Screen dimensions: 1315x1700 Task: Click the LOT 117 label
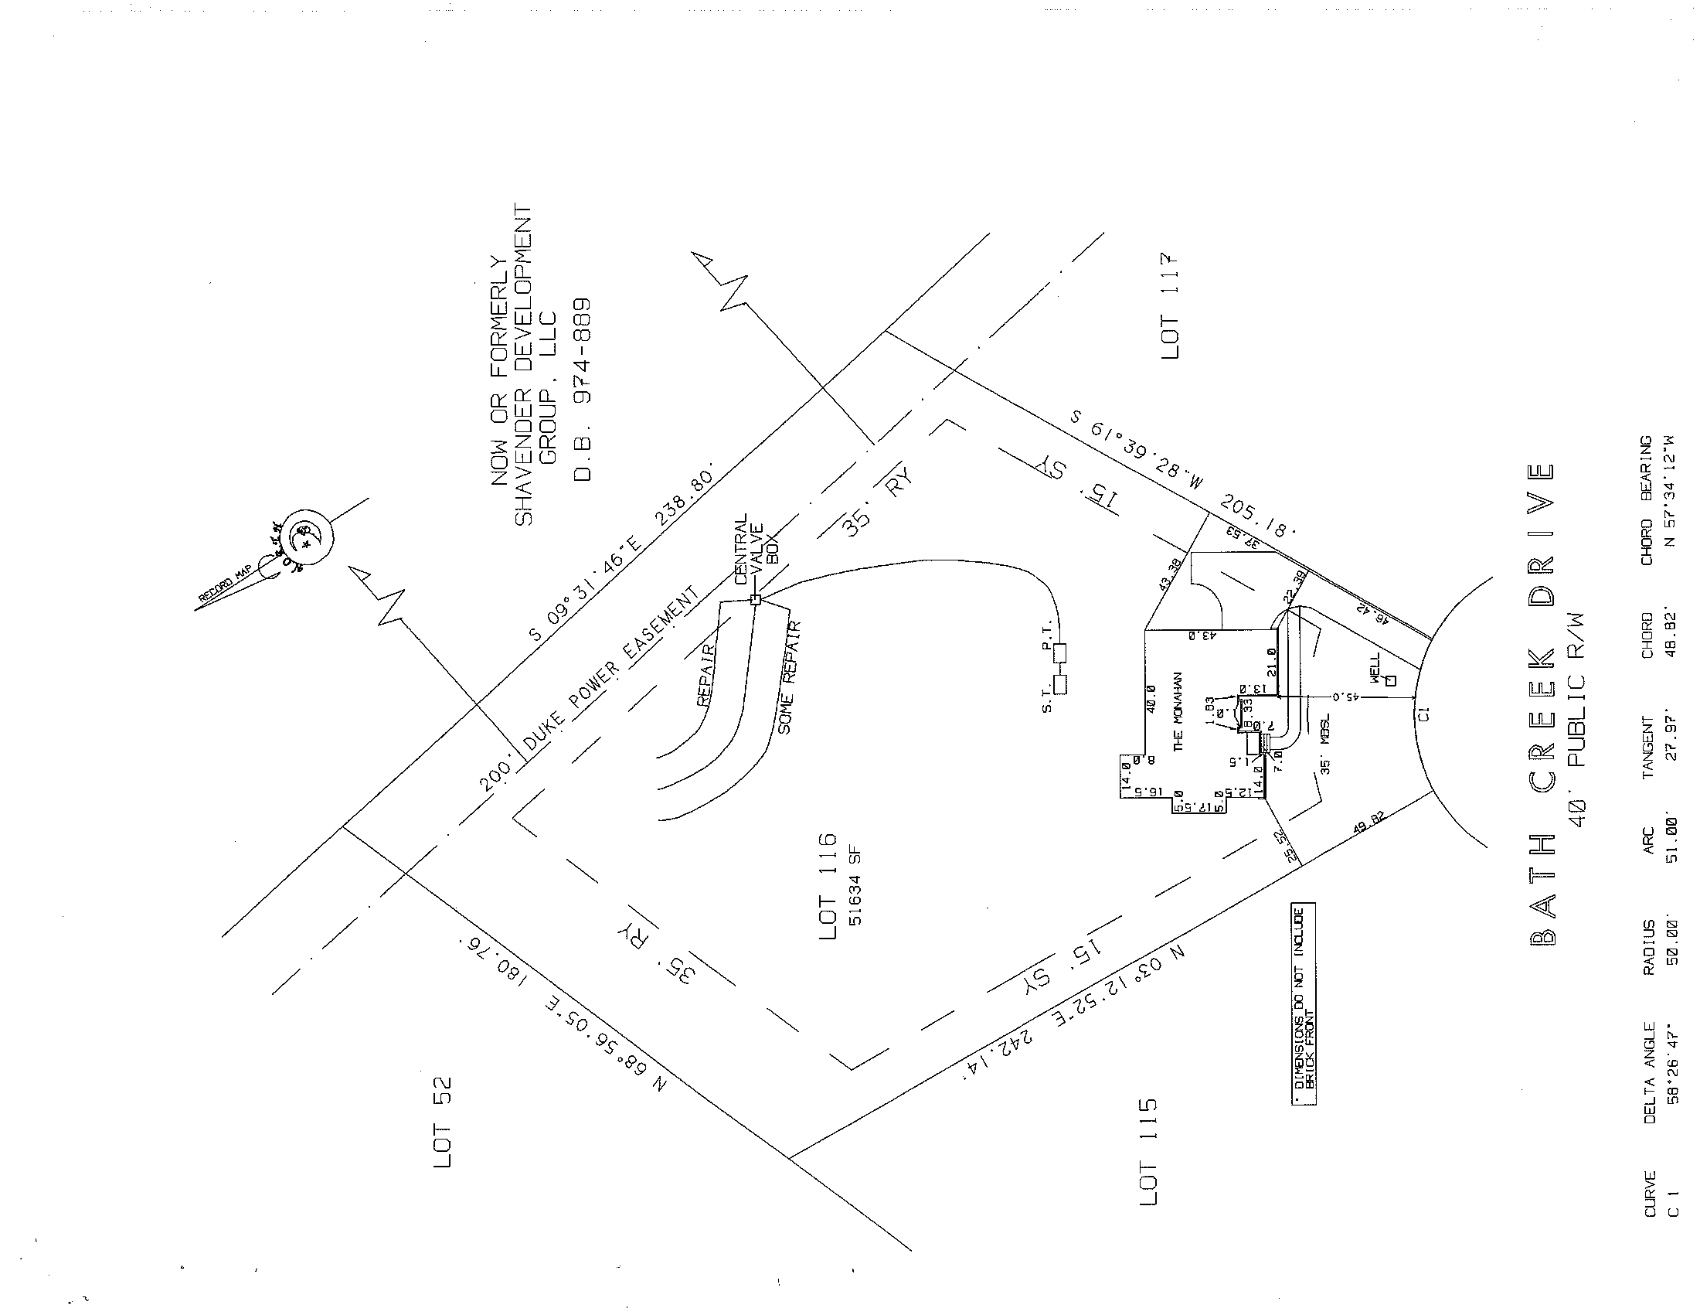(x=1169, y=306)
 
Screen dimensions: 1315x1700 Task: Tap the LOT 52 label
(x=443, y=1122)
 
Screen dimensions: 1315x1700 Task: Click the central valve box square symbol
(x=754, y=599)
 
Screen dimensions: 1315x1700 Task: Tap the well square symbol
(x=1392, y=680)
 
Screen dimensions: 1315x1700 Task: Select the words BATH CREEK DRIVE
(x=1542, y=715)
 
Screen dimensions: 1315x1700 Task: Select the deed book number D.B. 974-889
(x=583, y=390)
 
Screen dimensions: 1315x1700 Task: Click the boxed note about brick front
(x=1303, y=1004)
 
